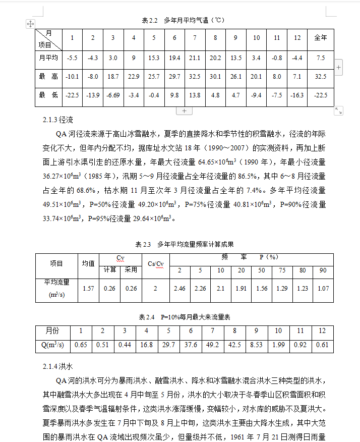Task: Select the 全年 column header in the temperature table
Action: click(320, 38)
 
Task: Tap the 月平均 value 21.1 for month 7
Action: click(195, 58)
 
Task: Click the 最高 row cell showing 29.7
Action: click(174, 77)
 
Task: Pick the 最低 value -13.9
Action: click(92, 95)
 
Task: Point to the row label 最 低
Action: click(48, 95)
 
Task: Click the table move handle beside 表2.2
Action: click(30, 24)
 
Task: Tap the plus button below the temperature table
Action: click(184, 111)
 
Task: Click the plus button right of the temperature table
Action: click(339, 67)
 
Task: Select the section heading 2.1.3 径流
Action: click(58, 121)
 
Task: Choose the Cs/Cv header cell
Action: click(155, 264)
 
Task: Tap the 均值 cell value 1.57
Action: click(88, 289)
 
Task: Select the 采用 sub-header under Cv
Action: click(131, 270)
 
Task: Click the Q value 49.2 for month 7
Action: click(213, 345)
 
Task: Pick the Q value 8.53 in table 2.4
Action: click(256, 345)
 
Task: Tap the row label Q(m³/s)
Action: click(52, 345)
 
